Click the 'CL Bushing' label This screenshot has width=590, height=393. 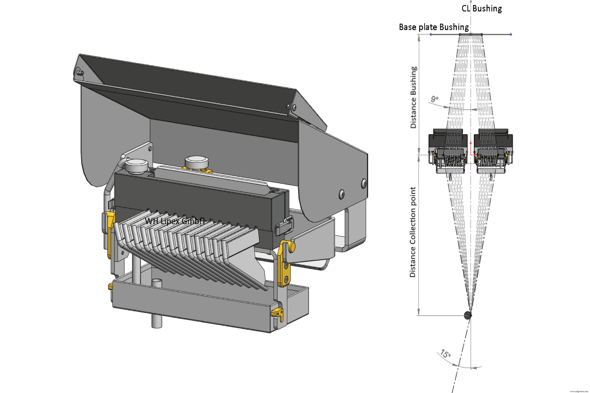click(x=481, y=9)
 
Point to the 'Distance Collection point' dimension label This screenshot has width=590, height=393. click(x=412, y=232)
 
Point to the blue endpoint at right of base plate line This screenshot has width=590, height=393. click(x=511, y=34)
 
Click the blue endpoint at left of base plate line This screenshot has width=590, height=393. click(x=431, y=34)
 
